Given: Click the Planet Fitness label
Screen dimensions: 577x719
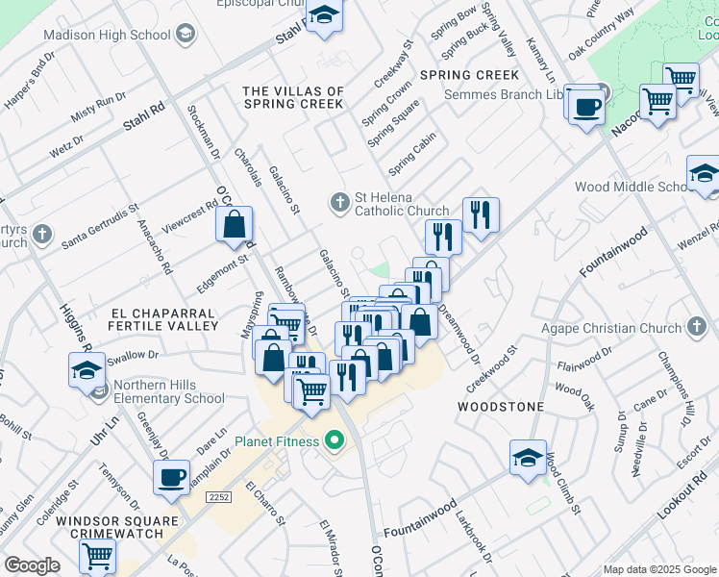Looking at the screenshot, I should [x=278, y=442].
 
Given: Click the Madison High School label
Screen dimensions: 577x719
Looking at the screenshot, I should [x=107, y=35].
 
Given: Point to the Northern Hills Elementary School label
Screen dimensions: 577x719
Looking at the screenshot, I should [x=169, y=392].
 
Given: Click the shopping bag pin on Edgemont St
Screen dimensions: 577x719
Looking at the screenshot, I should [x=235, y=226].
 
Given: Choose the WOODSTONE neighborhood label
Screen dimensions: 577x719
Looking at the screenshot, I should [x=500, y=407].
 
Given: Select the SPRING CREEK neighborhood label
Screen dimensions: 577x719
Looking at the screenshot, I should [x=469, y=75].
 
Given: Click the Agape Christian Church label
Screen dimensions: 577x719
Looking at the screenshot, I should [x=609, y=328].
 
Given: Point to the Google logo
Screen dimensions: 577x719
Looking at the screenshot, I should [x=32, y=565].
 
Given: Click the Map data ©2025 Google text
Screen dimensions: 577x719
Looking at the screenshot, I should [x=659, y=569].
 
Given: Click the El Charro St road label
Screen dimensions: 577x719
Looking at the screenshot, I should [x=268, y=505].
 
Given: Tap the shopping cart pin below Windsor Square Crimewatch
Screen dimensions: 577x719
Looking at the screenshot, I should [x=97, y=556].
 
